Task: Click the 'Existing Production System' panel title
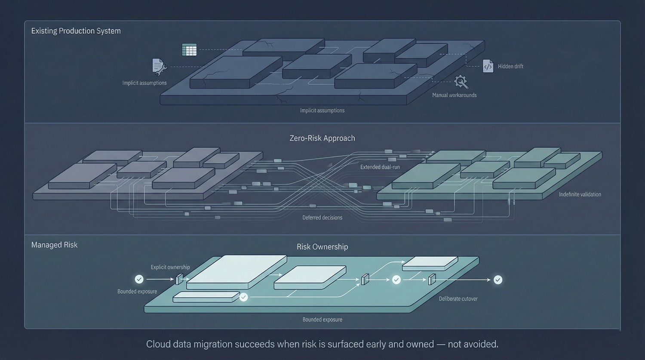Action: (x=76, y=31)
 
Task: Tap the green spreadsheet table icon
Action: (x=189, y=50)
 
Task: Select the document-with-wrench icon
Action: (x=159, y=67)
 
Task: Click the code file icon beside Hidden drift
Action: (x=488, y=66)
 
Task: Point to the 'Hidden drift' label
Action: (x=510, y=66)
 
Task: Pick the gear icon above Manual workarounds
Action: (x=461, y=81)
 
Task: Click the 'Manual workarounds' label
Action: (x=454, y=95)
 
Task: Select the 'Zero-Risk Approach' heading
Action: (x=322, y=138)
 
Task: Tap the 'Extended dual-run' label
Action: (x=380, y=167)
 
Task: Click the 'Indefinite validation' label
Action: (x=580, y=194)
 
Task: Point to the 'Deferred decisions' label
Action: (x=322, y=218)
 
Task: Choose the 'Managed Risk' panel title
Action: (x=54, y=245)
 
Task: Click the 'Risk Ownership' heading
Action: (x=322, y=246)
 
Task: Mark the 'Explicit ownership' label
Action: (x=170, y=267)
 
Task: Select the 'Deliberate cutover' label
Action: (x=458, y=299)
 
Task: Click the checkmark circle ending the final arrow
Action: (x=498, y=280)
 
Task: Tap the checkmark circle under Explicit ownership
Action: (x=139, y=280)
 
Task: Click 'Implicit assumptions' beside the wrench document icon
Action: (x=144, y=83)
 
